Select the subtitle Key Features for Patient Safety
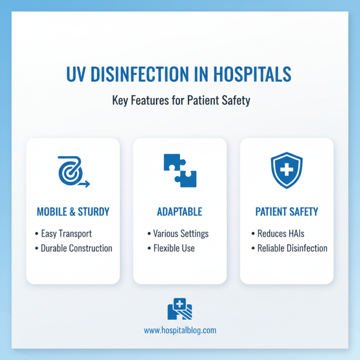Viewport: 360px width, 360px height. tap(180, 100)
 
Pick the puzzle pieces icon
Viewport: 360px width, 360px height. tap(180, 171)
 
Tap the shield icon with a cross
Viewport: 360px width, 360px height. tap(287, 171)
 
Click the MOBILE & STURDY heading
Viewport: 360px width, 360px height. tap(73, 211)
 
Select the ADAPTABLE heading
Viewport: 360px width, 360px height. tap(180, 211)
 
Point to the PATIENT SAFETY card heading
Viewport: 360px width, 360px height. tap(287, 211)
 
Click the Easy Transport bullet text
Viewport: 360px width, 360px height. tap(66, 234)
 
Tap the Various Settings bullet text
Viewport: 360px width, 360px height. tap(180, 234)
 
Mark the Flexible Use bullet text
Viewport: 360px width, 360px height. tap(174, 248)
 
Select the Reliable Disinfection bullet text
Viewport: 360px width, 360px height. tap(292, 248)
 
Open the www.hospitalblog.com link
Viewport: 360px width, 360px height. tap(180, 330)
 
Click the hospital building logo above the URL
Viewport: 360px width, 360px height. tap(180, 309)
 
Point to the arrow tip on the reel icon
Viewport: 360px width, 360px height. tap(89, 184)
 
